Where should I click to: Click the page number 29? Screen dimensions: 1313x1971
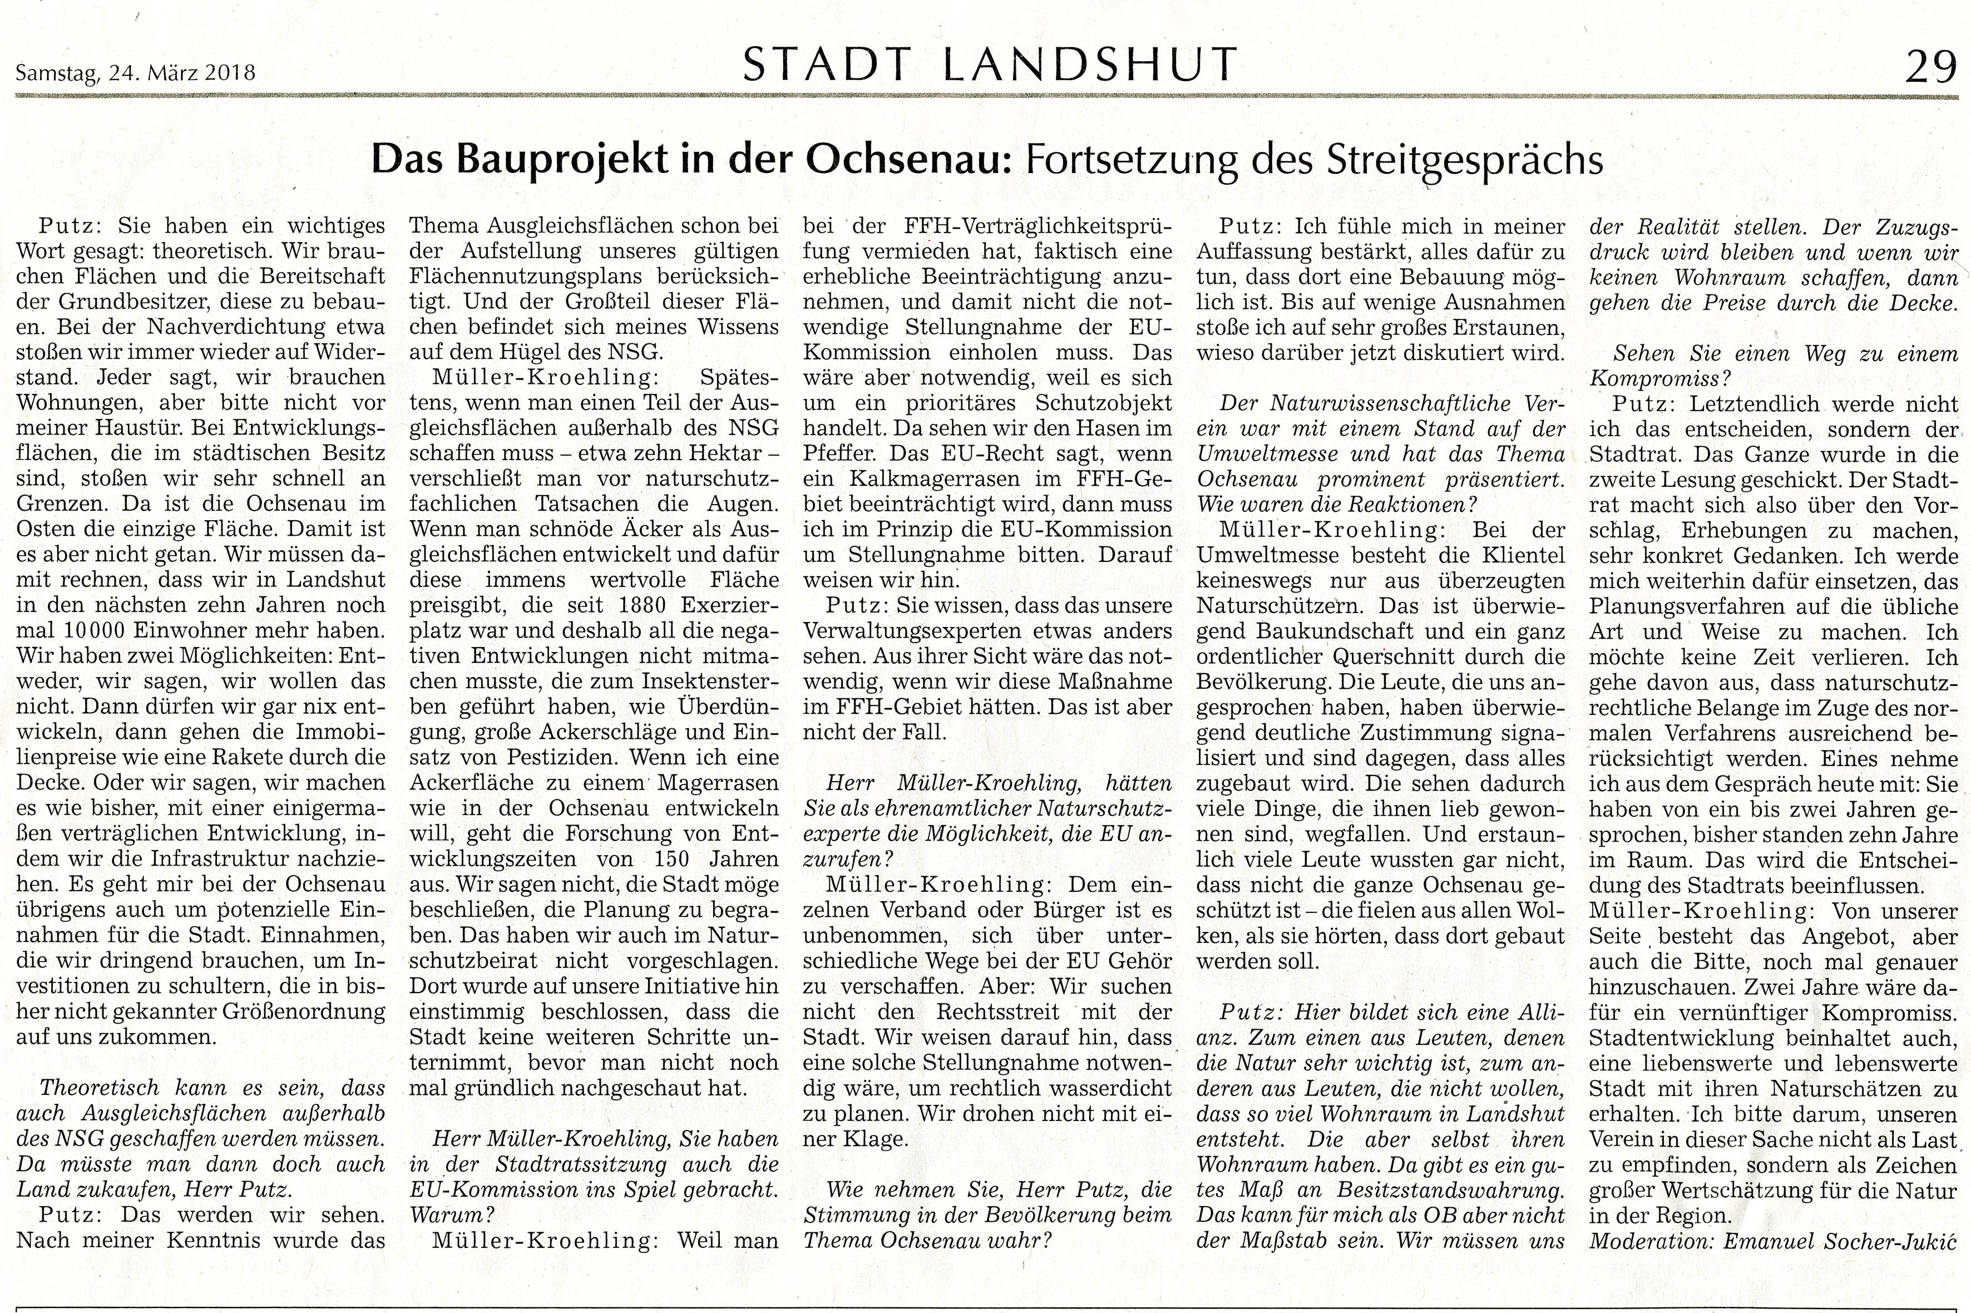1931,67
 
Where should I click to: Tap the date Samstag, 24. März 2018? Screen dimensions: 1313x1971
135,73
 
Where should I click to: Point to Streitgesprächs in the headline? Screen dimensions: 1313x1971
1464,159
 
